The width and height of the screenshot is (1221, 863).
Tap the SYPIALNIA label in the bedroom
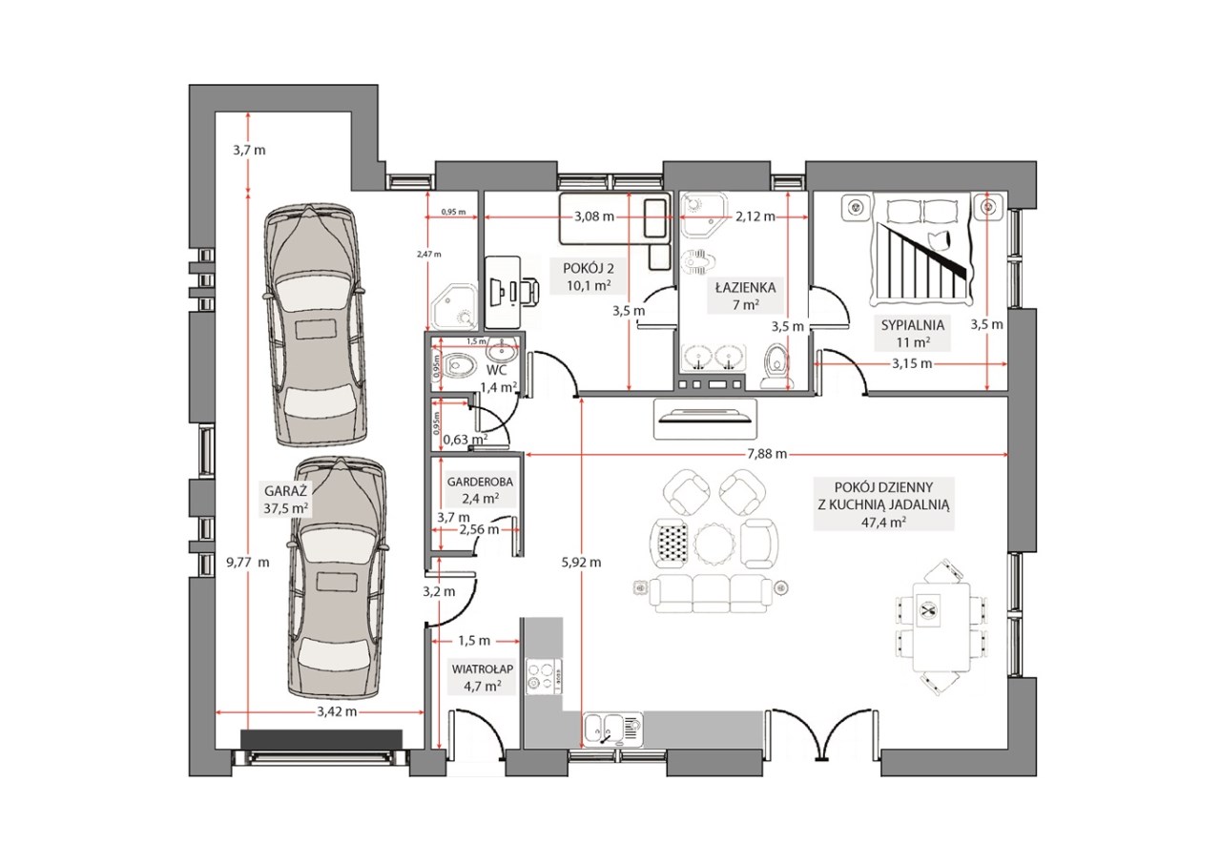click(913, 325)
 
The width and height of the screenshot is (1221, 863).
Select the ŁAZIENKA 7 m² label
click(745, 296)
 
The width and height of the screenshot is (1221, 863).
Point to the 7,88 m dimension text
click(767, 454)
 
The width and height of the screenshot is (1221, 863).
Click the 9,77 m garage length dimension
click(248, 562)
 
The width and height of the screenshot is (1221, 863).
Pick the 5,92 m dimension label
click(581, 562)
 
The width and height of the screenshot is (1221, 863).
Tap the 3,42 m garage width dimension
click(337, 711)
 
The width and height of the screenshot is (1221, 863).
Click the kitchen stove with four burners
click(544, 676)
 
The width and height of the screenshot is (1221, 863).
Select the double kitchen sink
click(613, 729)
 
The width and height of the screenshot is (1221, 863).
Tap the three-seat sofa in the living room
click(711, 593)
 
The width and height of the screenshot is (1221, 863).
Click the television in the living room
click(705, 419)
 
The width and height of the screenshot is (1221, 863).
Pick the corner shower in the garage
click(454, 306)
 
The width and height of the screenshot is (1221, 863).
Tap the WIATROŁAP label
click(483, 668)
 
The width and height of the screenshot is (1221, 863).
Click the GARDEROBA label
click(480, 482)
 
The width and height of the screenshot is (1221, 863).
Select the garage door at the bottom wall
click(321, 756)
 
